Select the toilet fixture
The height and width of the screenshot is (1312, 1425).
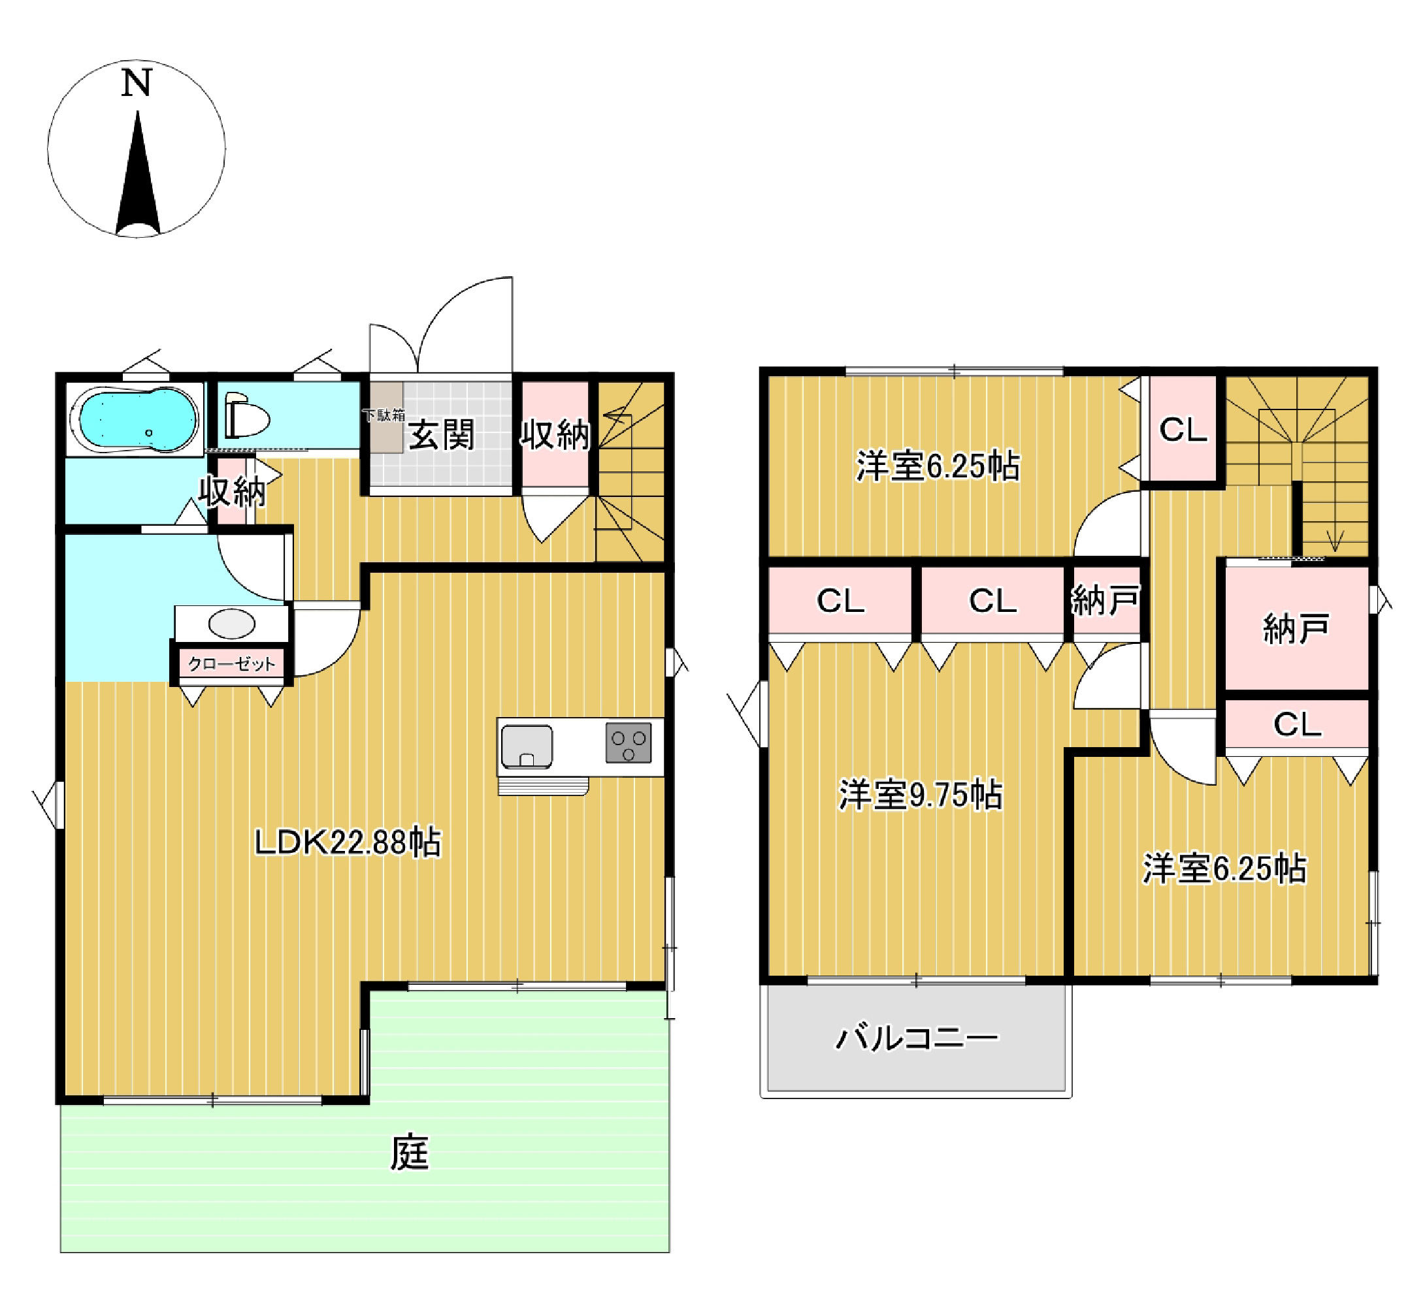247,417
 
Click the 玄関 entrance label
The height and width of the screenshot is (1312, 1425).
441,434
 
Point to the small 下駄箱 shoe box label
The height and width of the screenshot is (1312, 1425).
384,415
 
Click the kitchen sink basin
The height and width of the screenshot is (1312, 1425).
527,746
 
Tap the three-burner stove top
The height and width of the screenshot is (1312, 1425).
629,743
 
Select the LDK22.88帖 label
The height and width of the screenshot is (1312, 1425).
348,842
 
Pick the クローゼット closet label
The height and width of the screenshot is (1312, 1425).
231,664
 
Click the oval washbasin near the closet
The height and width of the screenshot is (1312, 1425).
231,624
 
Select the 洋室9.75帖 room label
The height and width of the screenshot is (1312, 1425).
921,794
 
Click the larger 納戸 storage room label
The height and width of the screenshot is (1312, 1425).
1296,629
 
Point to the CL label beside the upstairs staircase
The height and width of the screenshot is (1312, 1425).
1183,430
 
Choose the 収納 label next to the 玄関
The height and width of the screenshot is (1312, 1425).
555,434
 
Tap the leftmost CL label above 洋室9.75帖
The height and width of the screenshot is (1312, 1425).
841,601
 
